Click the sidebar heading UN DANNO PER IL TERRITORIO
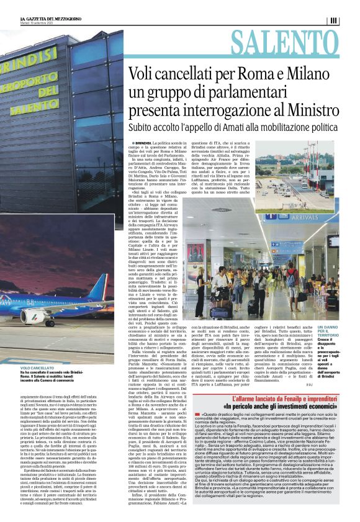(x=328, y=333)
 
